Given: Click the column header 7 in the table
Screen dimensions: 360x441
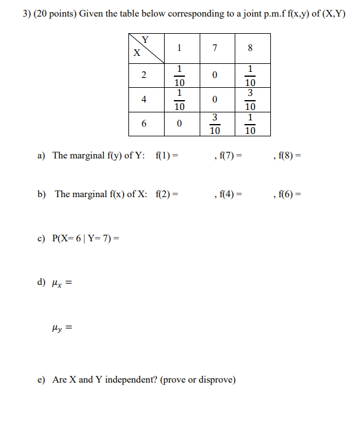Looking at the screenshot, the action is pyautogui.click(x=214, y=48).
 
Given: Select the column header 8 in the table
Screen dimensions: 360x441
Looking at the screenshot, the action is pyautogui.click(x=251, y=48).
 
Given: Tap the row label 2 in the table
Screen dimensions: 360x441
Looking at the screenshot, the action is pyautogui.click(x=143, y=75).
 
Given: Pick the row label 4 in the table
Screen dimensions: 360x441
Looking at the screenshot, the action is pyautogui.click(x=143, y=99).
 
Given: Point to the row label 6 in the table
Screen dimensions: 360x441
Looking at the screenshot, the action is pyautogui.click(x=143, y=123).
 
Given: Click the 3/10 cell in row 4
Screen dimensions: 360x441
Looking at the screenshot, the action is pyautogui.click(x=251, y=99).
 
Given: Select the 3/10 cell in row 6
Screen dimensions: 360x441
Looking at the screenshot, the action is pyautogui.click(x=214, y=123).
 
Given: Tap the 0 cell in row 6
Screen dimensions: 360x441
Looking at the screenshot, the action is pyautogui.click(x=179, y=123).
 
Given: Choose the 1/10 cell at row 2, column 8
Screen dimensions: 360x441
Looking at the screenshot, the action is pyautogui.click(x=251, y=75).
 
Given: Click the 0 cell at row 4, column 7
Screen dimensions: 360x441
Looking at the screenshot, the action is pyautogui.click(x=214, y=99).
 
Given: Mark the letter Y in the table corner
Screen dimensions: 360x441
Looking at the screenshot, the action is pyautogui.click(x=146, y=41).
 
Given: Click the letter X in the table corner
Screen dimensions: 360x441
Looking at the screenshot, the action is pyautogui.click(x=136, y=53).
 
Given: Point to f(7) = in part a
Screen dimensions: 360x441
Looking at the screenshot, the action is pyautogui.click(x=229, y=156).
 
